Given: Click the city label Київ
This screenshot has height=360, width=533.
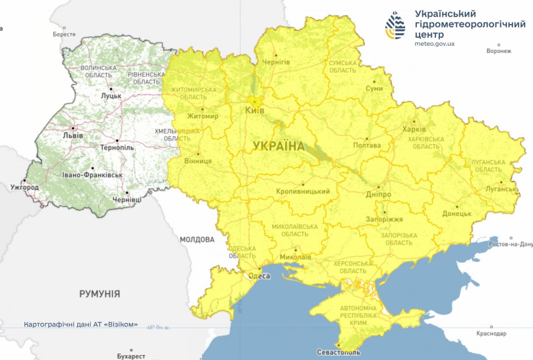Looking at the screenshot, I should (255, 111).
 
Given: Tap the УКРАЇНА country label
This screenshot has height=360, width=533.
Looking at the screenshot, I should (278, 146).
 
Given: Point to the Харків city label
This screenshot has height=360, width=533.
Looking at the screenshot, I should (414, 129).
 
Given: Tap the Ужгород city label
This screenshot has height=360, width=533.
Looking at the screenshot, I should (24, 187).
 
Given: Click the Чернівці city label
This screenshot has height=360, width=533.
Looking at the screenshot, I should (127, 200).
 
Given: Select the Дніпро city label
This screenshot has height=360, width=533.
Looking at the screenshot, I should (378, 195).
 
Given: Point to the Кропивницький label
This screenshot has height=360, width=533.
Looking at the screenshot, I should (303, 192).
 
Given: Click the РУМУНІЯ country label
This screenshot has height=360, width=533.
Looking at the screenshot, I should (100, 294).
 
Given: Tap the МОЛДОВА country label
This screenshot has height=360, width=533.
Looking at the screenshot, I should (197, 240).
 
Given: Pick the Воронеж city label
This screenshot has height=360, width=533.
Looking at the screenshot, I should (499, 51).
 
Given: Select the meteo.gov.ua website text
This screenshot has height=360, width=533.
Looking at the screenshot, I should (434, 44).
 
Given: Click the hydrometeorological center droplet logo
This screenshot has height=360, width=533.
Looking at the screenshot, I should (395, 25).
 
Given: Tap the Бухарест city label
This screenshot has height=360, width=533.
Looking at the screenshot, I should (131, 356).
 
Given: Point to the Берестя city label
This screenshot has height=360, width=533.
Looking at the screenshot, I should (64, 34).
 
